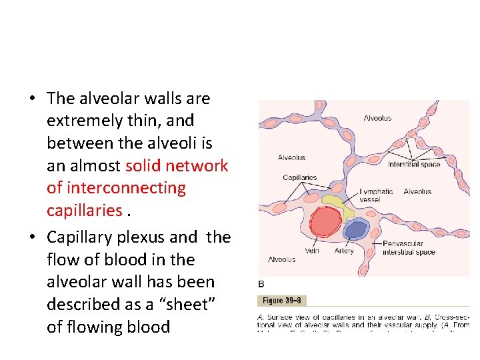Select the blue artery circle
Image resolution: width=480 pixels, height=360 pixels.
point(355,230)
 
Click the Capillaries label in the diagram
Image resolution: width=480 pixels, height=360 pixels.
point(300,178)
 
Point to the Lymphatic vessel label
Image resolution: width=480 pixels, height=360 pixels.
point(376,195)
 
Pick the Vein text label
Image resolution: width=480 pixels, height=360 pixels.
point(312,251)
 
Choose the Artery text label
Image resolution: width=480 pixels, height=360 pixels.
point(344,251)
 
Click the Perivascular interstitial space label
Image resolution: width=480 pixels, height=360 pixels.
point(409,248)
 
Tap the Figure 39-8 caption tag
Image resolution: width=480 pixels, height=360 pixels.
point(281,301)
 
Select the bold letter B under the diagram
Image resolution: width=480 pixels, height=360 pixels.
point(261,284)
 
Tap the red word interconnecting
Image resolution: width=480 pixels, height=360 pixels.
point(116,188)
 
